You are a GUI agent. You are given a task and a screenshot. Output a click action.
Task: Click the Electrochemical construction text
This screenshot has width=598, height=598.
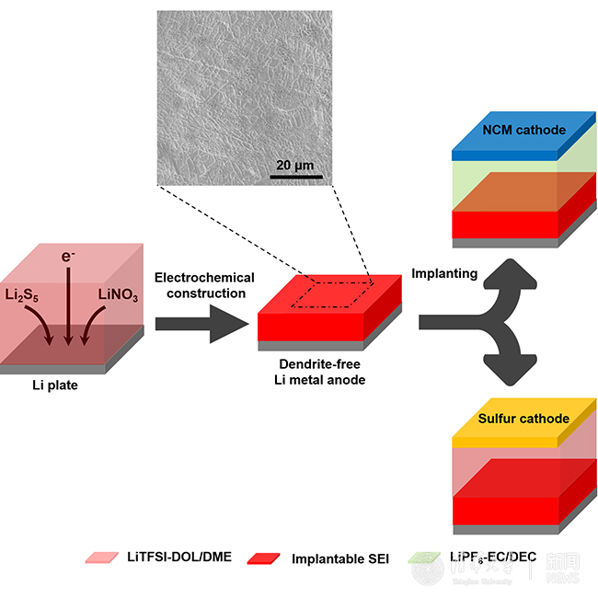pyautogui.click(x=204, y=285)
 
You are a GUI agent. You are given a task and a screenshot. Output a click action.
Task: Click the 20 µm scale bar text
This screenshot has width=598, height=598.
pyautogui.click(x=296, y=165)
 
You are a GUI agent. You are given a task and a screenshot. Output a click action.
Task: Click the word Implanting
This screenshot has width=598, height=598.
pyautogui.click(x=444, y=273)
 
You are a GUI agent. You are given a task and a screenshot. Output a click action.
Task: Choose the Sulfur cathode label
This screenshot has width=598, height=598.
pyautogui.click(x=523, y=420)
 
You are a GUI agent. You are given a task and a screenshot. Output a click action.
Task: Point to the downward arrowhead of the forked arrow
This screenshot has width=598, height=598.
pyautogui.click(x=514, y=368)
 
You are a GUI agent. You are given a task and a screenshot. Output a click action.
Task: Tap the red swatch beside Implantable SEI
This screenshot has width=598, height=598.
pyautogui.click(x=266, y=558)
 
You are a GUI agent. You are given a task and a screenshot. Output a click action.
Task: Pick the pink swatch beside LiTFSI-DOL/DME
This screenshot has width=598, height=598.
pyautogui.click(x=101, y=558)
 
